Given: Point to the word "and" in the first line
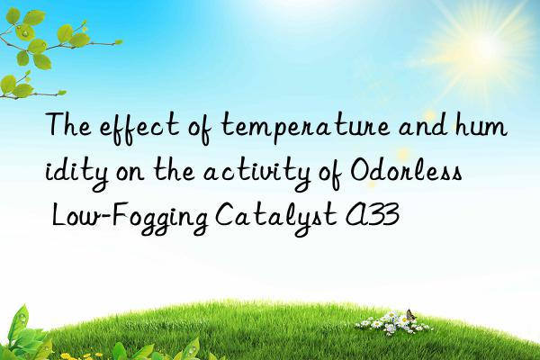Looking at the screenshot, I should click(x=409, y=130).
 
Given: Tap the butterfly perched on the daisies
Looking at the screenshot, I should click(x=408, y=314).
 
